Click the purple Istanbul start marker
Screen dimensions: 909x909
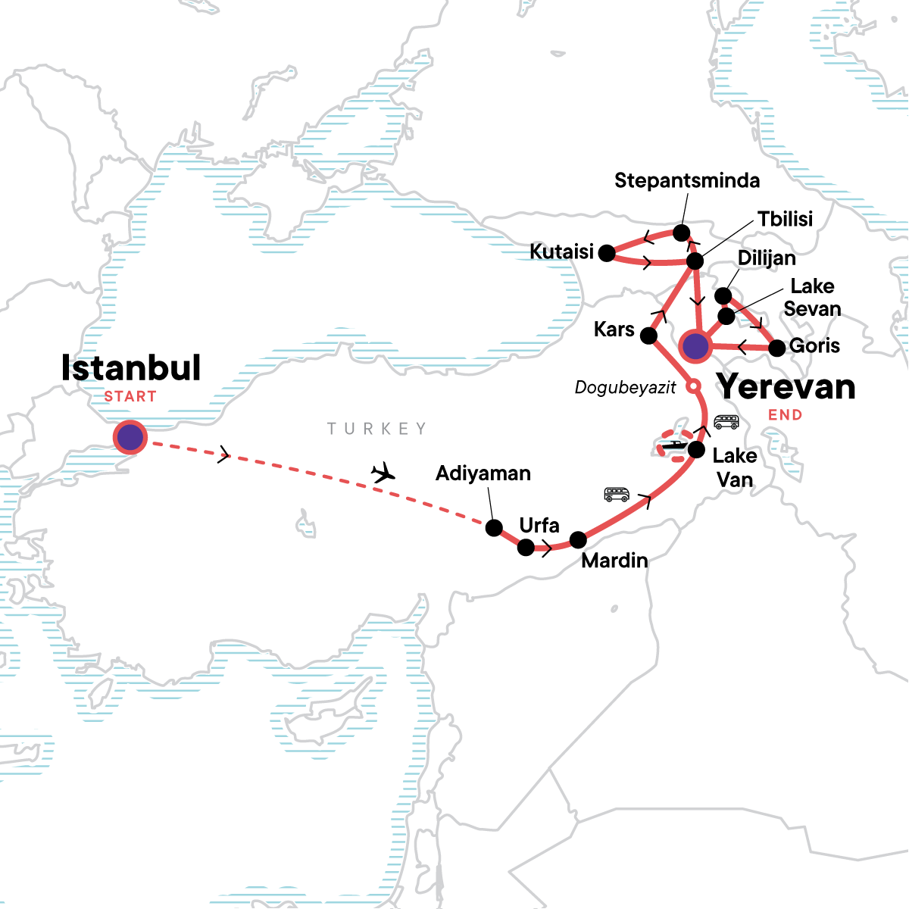pos(130,437)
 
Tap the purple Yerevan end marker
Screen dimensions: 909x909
pos(695,346)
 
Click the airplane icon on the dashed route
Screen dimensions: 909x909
pos(384,473)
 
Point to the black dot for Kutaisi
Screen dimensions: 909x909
pos(607,253)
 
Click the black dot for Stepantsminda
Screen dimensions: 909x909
pos(681,232)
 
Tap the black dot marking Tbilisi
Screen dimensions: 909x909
pos(695,262)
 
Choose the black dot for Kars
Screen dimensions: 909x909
pos(649,336)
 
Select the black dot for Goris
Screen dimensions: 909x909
pos(776,348)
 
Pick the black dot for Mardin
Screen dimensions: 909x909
pos(578,540)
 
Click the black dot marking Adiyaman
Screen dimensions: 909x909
pos(494,528)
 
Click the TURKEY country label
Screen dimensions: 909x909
pos(376,429)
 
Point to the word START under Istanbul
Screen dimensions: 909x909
pos(130,396)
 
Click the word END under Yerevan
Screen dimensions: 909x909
pos(785,415)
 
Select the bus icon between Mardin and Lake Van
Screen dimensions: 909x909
pos(617,495)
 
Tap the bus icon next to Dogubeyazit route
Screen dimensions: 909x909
pos(726,422)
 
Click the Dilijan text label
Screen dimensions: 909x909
pos(767,258)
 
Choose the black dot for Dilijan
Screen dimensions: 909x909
pos(723,295)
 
